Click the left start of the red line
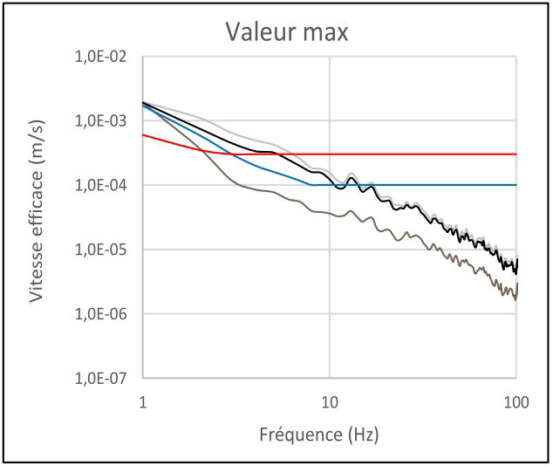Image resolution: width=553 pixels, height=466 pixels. (143, 134)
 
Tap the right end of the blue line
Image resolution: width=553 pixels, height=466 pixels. (516, 185)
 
